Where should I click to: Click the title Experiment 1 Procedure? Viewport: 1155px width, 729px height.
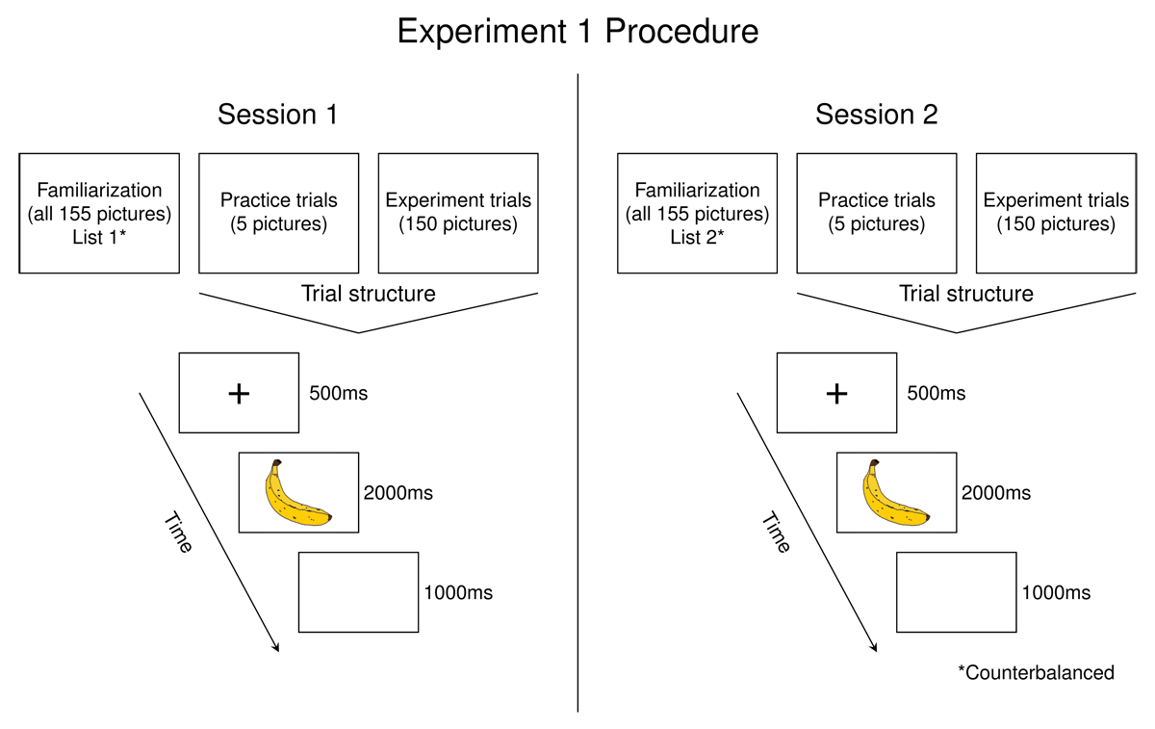pyautogui.click(x=577, y=32)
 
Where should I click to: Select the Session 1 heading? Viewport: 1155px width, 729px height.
pyautogui.click(x=277, y=115)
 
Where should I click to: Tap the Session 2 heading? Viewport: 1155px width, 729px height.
pyautogui.click(x=876, y=115)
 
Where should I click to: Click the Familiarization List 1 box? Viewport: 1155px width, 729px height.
pyautogui.click(x=99, y=213)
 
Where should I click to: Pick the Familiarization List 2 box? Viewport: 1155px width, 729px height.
pyautogui.click(x=697, y=213)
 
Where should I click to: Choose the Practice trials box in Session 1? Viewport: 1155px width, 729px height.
pyautogui.click(x=278, y=213)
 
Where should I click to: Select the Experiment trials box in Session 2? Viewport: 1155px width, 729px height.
pyautogui.click(x=1056, y=213)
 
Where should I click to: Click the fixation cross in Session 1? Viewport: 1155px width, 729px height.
pyautogui.click(x=239, y=393)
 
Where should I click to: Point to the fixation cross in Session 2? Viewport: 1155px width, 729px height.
pyautogui.click(x=837, y=393)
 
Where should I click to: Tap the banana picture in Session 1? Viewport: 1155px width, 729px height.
pyautogui.click(x=297, y=493)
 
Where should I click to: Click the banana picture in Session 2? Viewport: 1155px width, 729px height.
pyautogui.click(x=895, y=493)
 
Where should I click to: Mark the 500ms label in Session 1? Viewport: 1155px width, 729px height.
pyautogui.click(x=339, y=394)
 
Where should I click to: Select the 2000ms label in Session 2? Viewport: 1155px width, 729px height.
pyautogui.click(x=995, y=493)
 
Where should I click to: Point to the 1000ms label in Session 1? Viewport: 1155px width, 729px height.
pyautogui.click(x=457, y=592)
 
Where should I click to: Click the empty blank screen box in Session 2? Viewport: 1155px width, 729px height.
pyautogui.click(x=956, y=592)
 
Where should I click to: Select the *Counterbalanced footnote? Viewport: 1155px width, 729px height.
pyautogui.click(x=1036, y=672)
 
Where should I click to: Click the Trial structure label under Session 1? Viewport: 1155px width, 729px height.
pyautogui.click(x=368, y=294)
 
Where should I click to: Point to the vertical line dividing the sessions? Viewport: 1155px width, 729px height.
pyautogui.click(x=577, y=385)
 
